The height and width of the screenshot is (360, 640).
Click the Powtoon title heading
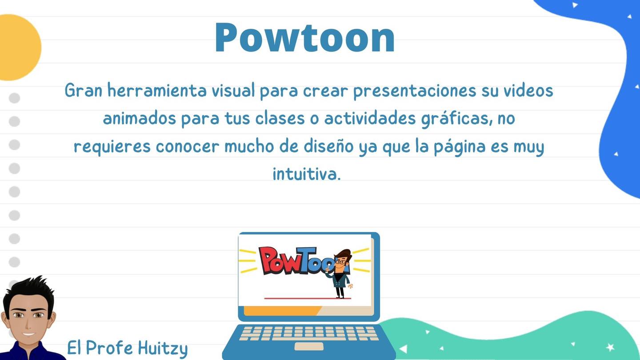305,37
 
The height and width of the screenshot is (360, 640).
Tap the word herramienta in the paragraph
157,91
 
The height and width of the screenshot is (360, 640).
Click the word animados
140,118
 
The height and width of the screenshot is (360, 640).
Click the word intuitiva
307,174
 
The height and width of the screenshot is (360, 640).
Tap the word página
460,147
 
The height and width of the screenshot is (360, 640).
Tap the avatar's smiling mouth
28,334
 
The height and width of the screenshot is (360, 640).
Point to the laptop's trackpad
309,346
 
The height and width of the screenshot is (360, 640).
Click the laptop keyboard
309,334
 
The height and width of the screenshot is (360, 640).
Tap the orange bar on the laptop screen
282,311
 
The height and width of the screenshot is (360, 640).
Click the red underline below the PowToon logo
308,298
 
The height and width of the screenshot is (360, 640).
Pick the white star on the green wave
610,347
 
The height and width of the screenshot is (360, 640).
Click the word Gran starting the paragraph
84,91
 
